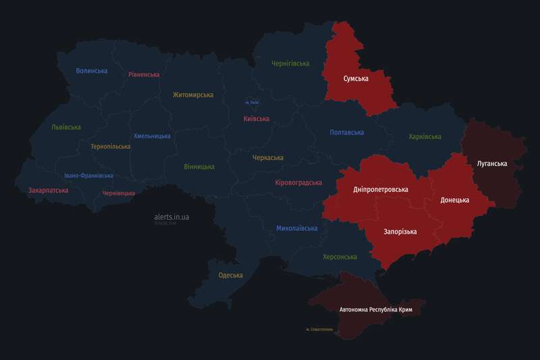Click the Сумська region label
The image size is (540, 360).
(x=356, y=79)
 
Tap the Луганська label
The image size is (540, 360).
(x=491, y=163)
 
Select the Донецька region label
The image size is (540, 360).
(x=454, y=200)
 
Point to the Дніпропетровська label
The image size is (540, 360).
(x=381, y=189)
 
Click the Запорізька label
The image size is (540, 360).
(x=400, y=232)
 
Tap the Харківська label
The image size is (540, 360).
(x=425, y=136)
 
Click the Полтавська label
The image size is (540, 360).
(x=347, y=132)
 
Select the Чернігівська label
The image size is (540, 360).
(x=290, y=63)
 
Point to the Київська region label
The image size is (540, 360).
(x=256, y=119)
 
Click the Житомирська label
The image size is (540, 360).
(x=193, y=95)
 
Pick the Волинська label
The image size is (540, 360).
(x=92, y=71)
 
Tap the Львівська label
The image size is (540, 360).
(x=66, y=127)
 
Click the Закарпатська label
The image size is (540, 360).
(x=48, y=190)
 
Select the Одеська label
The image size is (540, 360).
(x=231, y=275)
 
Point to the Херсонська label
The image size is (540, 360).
(x=340, y=257)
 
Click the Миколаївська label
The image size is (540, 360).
(x=296, y=228)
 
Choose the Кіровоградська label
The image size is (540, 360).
(x=298, y=182)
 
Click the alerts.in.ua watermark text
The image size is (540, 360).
(x=171, y=217)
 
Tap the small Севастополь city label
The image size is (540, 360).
(x=319, y=330)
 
